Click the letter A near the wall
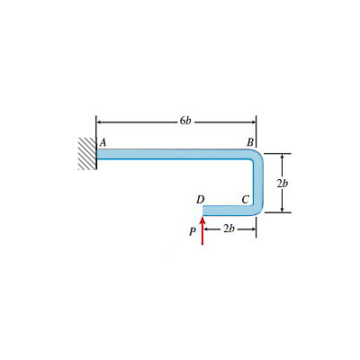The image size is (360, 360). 103,142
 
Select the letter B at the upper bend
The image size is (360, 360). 250,142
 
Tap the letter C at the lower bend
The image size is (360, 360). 246,199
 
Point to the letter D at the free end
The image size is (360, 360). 200,199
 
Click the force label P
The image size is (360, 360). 193,231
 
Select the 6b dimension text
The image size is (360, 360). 185,121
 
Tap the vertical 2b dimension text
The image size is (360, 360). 283,183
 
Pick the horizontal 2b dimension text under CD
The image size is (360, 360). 229,229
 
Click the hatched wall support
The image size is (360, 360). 87,154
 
